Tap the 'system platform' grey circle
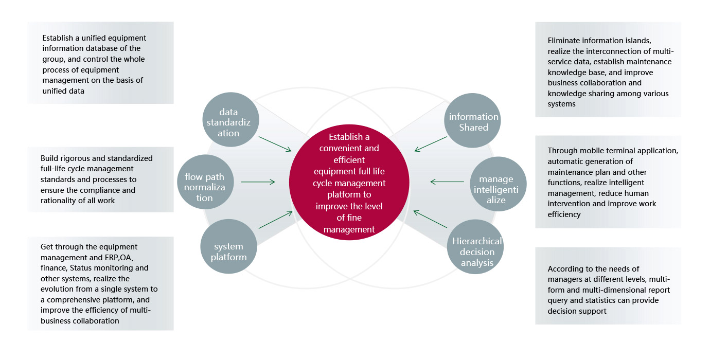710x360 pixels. (228, 250)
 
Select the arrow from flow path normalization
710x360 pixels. (258, 182)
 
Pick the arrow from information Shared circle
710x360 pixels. (431, 144)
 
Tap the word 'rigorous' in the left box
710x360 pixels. (76, 158)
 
